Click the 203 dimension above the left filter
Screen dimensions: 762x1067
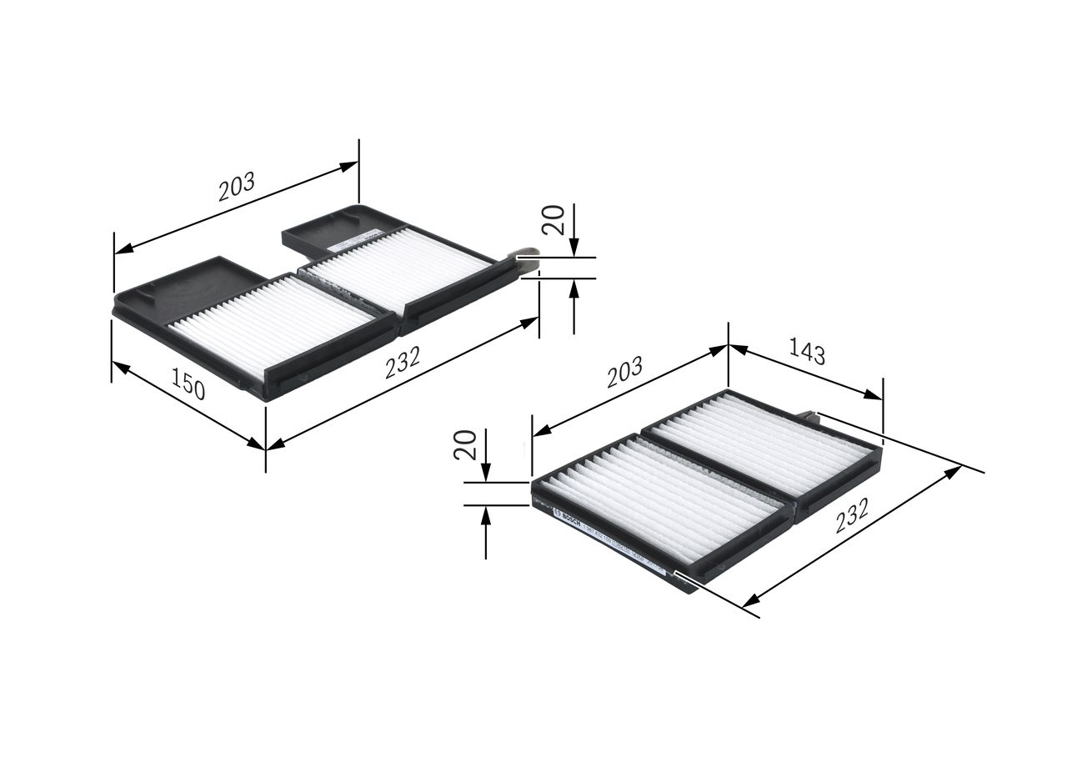[x=236, y=188]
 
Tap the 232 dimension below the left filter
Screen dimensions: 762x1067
[x=403, y=363]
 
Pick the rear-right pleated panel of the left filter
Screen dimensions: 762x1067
[x=398, y=265]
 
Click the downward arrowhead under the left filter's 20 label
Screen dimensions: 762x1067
[x=574, y=248]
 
